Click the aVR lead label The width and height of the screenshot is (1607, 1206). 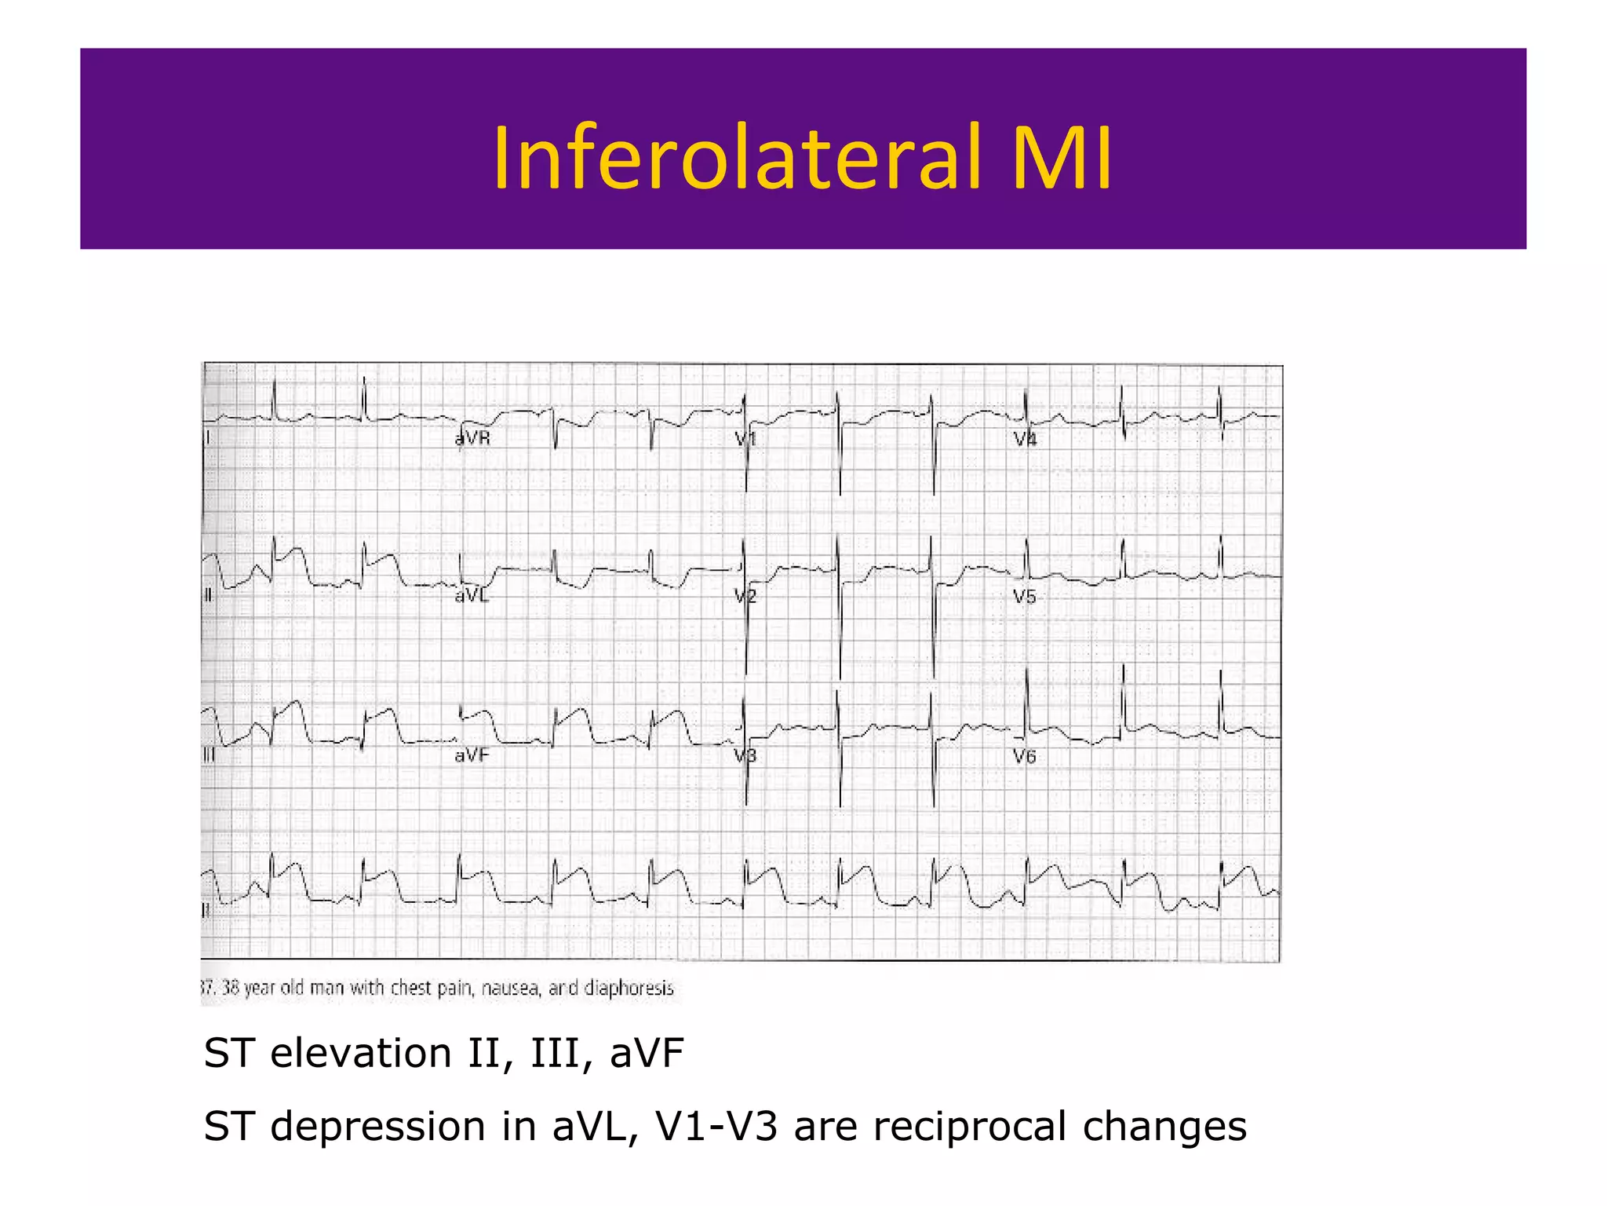click(472, 439)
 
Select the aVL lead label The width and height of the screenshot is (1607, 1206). click(472, 596)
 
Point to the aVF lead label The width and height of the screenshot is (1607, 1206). click(472, 755)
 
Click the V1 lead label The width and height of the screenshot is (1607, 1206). click(745, 440)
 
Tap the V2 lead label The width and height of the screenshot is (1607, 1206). click(745, 597)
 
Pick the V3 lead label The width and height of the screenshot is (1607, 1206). click(745, 756)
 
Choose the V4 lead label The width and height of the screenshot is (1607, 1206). click(1025, 440)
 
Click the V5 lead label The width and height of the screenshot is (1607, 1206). click(1025, 597)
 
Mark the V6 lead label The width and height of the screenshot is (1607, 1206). click(1025, 756)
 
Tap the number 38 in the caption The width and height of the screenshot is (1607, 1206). click(231, 987)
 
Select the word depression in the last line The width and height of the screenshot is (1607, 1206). click(378, 1127)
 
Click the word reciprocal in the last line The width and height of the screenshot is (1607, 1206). click(970, 1127)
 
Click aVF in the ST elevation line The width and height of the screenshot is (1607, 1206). click(647, 1054)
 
